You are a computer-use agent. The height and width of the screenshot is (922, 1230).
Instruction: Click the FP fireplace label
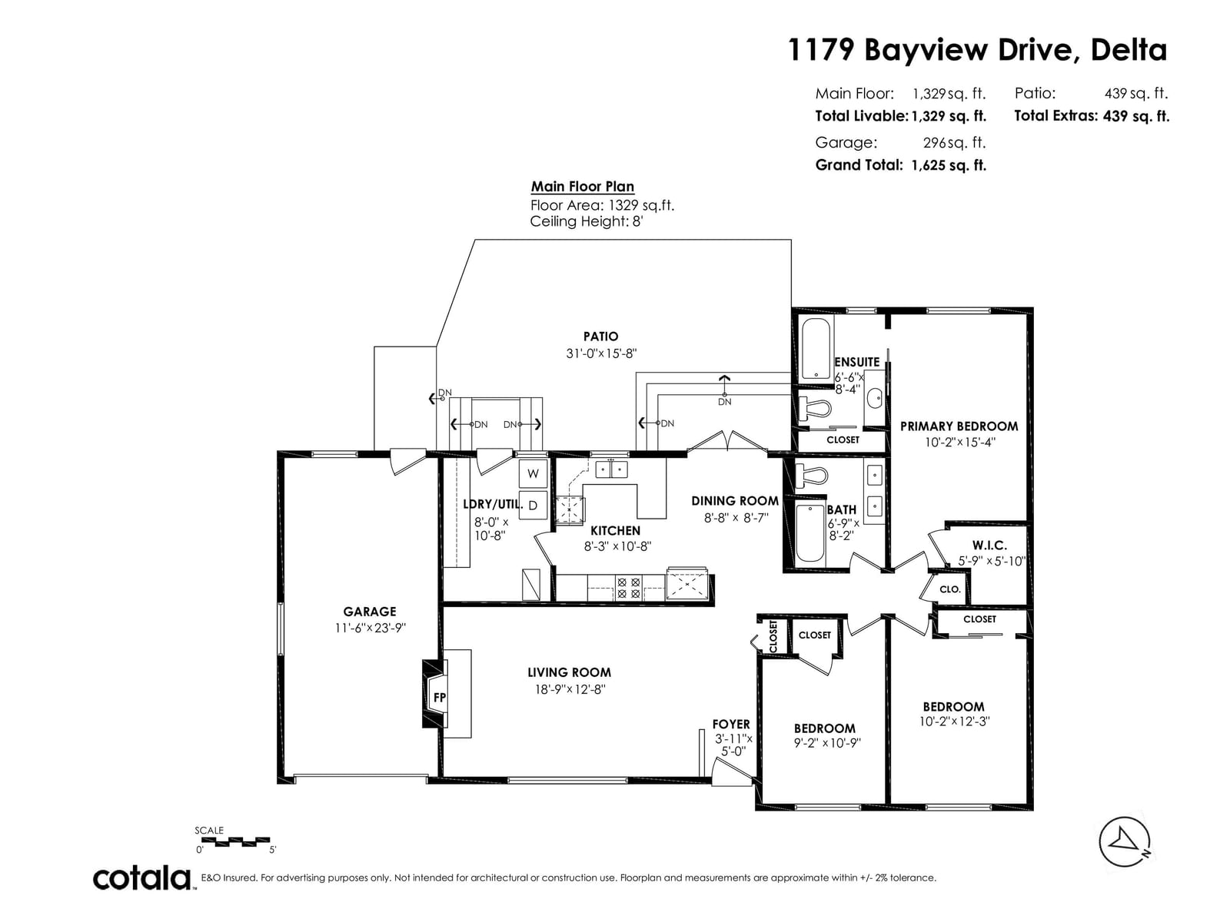[x=439, y=698]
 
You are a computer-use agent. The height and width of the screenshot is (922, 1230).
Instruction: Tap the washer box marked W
[x=533, y=473]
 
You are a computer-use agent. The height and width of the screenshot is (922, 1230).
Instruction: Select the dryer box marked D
[x=533, y=506]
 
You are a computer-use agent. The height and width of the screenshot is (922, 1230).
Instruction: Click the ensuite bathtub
[x=816, y=350]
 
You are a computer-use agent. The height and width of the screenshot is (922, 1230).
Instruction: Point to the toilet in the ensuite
[x=813, y=407]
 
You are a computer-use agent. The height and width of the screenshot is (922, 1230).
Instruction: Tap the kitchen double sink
[x=611, y=469]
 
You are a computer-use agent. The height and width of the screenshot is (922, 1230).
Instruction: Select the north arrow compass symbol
[x=1124, y=841]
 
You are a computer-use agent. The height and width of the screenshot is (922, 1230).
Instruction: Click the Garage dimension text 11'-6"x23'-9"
[x=370, y=628]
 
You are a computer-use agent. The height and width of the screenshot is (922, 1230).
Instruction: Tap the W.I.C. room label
[x=989, y=545]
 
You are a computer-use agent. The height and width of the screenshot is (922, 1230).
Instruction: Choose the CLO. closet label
[x=950, y=589]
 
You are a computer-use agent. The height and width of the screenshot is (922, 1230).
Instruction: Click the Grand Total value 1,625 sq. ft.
[x=949, y=165]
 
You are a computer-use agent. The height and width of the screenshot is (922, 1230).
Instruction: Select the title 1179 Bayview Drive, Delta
[x=978, y=50]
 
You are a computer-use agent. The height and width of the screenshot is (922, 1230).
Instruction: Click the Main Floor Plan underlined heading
[x=583, y=187]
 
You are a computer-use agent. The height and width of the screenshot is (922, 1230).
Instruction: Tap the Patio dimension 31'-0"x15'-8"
[x=601, y=353]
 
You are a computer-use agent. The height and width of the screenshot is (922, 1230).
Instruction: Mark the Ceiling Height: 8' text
[x=586, y=222]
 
